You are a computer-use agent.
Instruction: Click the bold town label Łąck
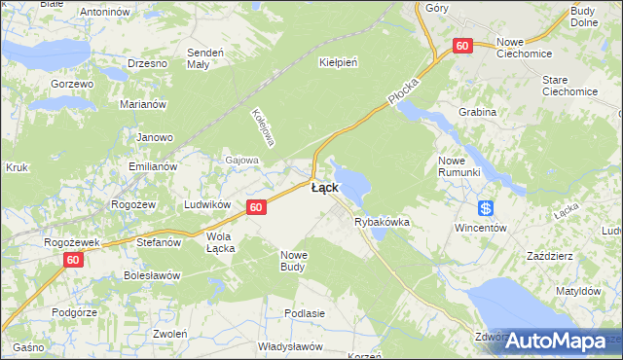pos(325,188)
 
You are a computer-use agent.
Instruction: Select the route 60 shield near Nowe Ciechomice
pos(461,46)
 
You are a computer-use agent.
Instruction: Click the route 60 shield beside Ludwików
pos(256,207)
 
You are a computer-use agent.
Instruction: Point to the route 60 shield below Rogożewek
pos(74,260)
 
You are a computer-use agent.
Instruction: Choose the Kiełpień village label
pos(339,62)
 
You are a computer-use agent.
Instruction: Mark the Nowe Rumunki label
pos(459,165)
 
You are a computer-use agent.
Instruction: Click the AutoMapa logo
pos(555,341)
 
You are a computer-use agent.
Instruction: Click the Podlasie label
pos(304,313)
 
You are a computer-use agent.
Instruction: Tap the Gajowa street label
pos(242,160)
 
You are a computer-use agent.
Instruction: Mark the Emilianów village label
pos(153,166)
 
